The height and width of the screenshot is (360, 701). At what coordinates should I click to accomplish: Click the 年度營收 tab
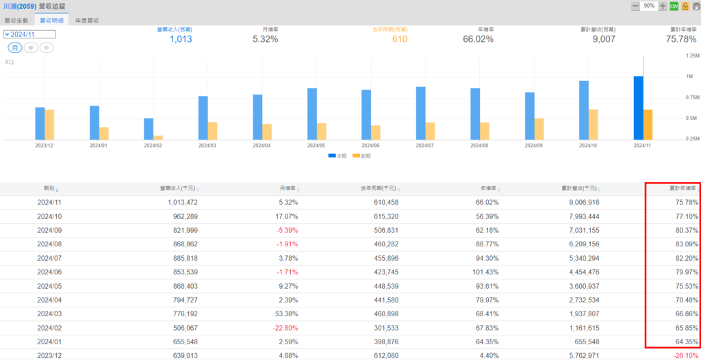[x=87, y=21]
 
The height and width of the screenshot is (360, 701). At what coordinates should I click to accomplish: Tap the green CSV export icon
[x=674, y=6]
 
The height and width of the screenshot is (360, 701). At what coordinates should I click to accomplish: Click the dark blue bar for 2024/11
[x=638, y=107]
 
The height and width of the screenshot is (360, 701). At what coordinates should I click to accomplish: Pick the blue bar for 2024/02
[x=149, y=129]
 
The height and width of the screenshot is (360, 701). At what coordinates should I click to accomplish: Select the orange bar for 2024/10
[x=594, y=124]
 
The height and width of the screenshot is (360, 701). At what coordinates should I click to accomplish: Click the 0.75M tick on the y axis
[x=690, y=97]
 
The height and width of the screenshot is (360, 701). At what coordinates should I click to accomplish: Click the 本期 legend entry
[x=337, y=156]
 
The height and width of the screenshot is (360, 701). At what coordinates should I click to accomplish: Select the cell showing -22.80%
[x=283, y=328]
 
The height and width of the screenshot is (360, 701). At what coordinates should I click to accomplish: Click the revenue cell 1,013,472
[x=178, y=203]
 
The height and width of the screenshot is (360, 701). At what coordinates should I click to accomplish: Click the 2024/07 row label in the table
[x=49, y=258]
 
